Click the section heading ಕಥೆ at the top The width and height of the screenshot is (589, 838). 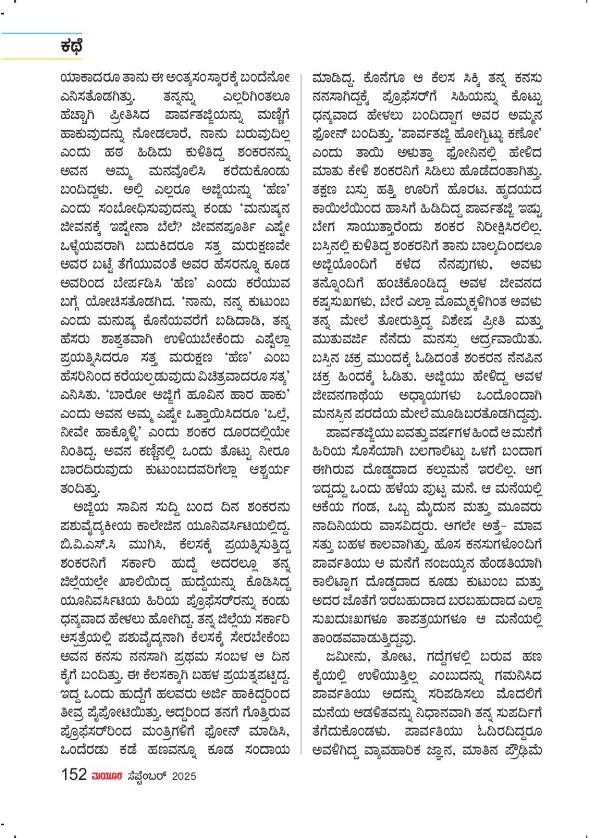pos(71,47)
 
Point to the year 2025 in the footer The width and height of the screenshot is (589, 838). pos(184,776)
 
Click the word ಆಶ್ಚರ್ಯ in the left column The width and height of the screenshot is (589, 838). pos(269,470)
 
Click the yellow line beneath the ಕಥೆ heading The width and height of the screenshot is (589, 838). pos(41,58)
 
